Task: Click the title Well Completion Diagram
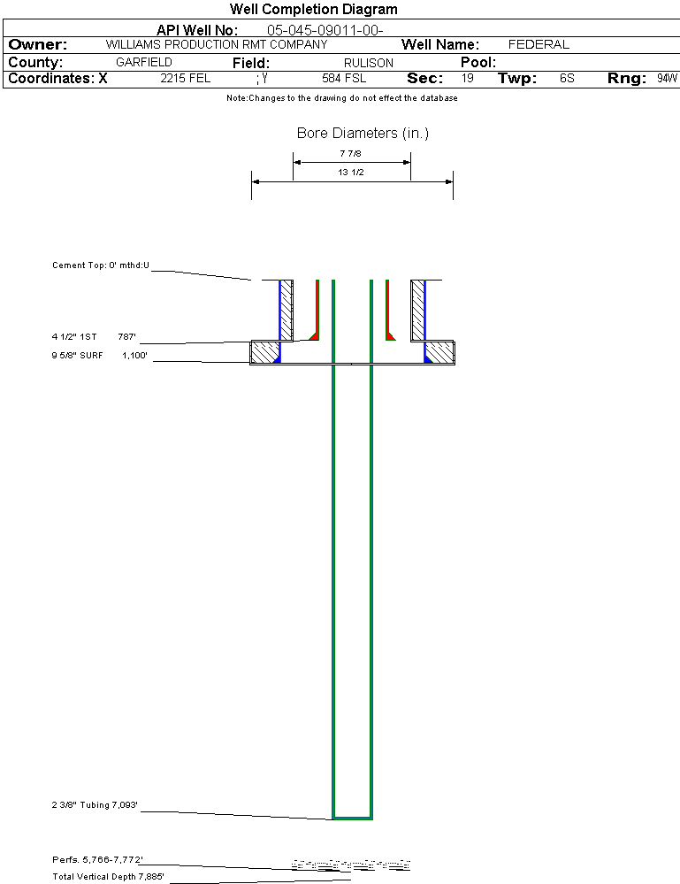point(313,9)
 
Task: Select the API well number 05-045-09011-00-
point(325,30)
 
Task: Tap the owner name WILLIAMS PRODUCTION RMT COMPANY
point(217,44)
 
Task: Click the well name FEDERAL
point(539,44)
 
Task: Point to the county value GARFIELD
point(143,62)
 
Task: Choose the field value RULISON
point(369,63)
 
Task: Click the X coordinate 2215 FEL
point(186,79)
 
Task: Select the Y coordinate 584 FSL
point(344,79)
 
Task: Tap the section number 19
point(468,79)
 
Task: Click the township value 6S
point(567,79)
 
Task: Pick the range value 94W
point(667,79)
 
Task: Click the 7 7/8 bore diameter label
point(350,153)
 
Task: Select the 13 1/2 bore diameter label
point(350,172)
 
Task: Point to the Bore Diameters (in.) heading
point(363,133)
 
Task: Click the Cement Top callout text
point(101,265)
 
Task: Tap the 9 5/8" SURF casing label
point(77,355)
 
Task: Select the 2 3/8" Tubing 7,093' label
point(95,804)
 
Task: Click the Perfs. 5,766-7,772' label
point(97,860)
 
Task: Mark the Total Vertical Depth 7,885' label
point(108,877)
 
